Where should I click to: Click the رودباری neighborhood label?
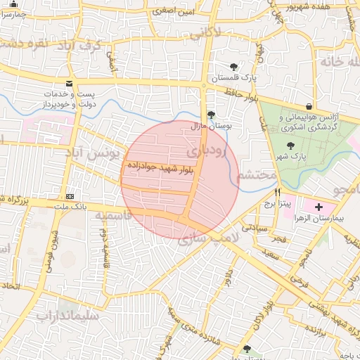(x=210, y=151)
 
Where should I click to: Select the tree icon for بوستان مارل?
(x=211, y=115)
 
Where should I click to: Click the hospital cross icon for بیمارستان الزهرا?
(x=319, y=207)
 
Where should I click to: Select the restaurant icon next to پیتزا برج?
(x=278, y=192)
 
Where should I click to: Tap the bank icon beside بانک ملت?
(x=70, y=196)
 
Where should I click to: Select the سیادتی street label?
(x=254, y=227)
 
